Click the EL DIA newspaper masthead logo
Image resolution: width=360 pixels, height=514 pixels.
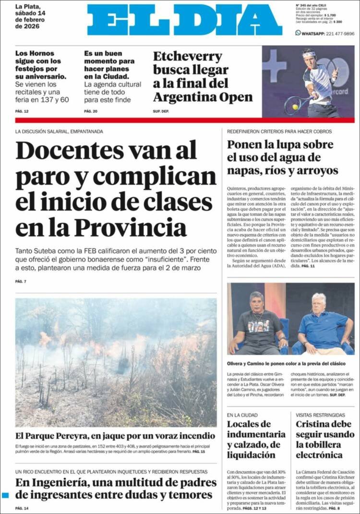click(184, 20)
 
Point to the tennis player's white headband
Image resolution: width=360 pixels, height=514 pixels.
click(310, 54)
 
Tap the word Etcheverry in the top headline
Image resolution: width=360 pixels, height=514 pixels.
click(188, 57)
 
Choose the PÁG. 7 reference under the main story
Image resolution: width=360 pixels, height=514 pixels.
click(21, 281)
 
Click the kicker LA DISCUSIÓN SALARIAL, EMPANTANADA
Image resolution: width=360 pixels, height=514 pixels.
click(59, 131)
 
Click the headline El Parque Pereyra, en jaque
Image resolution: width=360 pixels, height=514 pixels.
click(115, 436)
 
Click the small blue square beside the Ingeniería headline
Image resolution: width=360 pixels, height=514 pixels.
click(5, 495)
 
